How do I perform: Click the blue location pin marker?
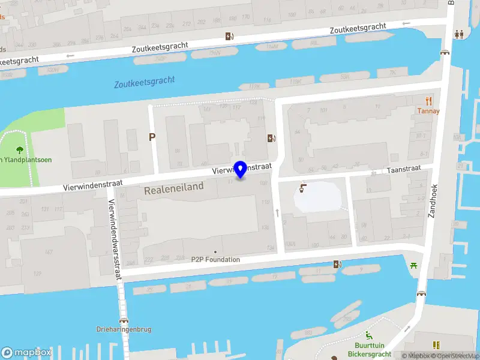pyautogui.click(x=241, y=170)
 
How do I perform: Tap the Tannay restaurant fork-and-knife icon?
pyautogui.click(x=428, y=100)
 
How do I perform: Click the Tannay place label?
pyautogui.click(x=428, y=111)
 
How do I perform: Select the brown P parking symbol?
pyautogui.click(x=152, y=137)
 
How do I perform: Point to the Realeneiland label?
pyautogui.click(x=174, y=188)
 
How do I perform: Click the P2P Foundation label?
pyautogui.click(x=216, y=259)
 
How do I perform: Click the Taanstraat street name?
pyautogui.click(x=402, y=170)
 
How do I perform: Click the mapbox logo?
pyautogui.click(x=26, y=352)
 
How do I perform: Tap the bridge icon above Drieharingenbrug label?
pyautogui.click(x=124, y=319)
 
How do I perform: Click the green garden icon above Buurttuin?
pyautogui.click(x=370, y=335)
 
